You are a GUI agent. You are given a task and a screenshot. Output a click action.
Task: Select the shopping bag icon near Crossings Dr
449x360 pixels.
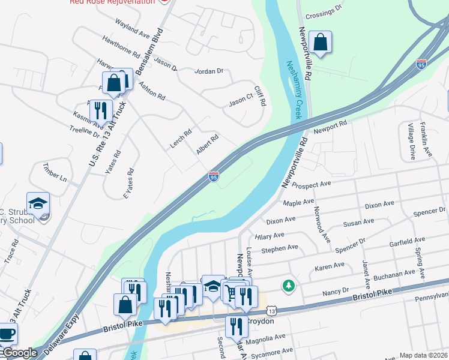tap(321, 43)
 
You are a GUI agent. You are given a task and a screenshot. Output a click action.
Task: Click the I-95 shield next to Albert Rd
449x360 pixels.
tap(214, 176)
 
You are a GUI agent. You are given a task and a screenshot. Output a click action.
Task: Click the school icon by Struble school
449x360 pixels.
tap(38, 204)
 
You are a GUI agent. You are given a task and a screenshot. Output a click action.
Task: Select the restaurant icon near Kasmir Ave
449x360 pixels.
tap(100, 110)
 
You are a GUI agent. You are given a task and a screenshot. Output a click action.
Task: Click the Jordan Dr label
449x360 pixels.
tap(209, 71)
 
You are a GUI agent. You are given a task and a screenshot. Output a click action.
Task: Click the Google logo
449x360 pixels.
tap(20, 353)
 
